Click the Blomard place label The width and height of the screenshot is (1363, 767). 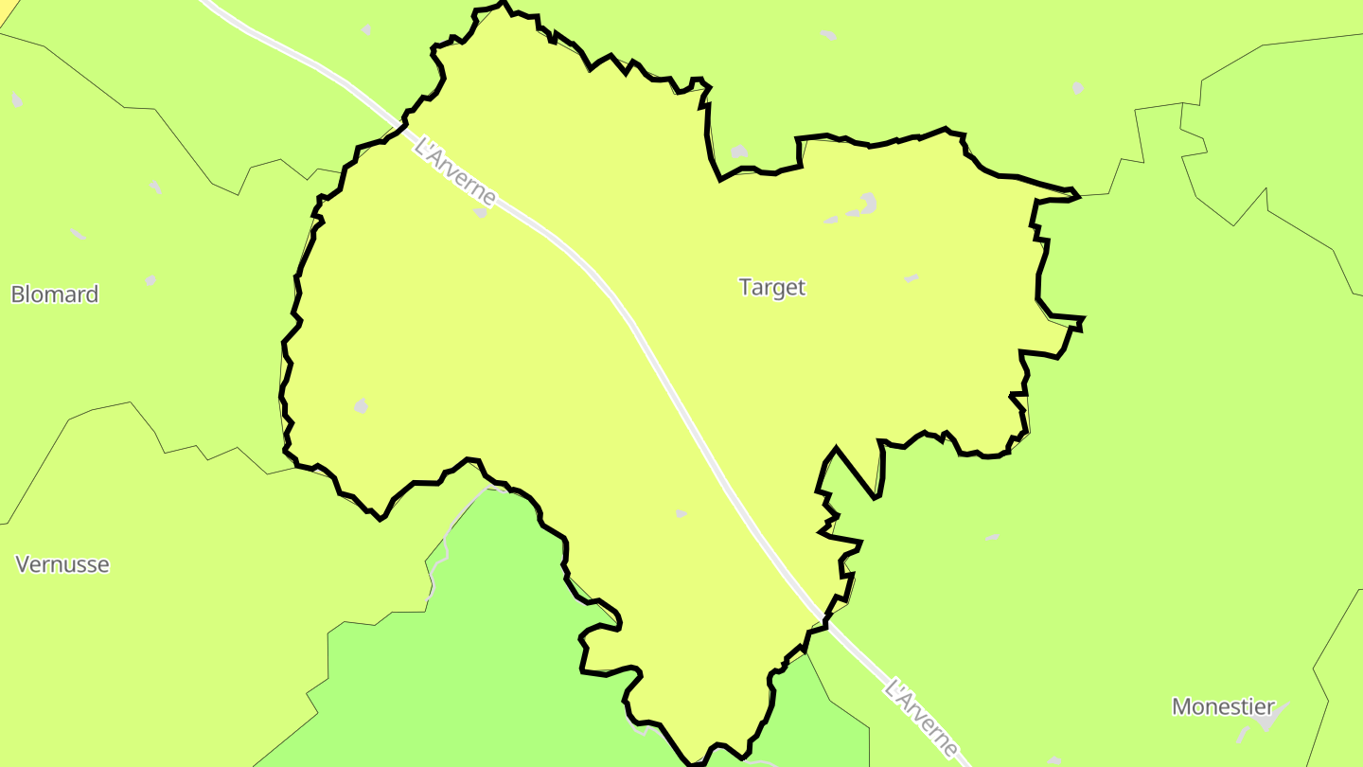click(55, 294)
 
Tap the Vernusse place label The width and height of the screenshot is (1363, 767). click(62, 564)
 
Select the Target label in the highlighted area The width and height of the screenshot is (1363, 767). click(771, 287)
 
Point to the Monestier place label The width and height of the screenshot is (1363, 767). click(1223, 706)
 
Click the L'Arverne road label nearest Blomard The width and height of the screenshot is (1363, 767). click(455, 171)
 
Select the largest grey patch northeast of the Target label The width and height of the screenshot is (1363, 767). click(867, 203)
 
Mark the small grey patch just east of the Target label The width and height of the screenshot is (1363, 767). click(911, 278)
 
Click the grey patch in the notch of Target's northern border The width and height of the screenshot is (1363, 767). click(738, 152)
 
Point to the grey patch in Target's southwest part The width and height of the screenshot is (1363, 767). click(361, 406)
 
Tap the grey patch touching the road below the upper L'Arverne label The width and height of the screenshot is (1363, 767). click(481, 212)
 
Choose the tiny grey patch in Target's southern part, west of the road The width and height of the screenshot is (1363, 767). click(681, 514)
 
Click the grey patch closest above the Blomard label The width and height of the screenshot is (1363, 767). click(150, 280)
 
